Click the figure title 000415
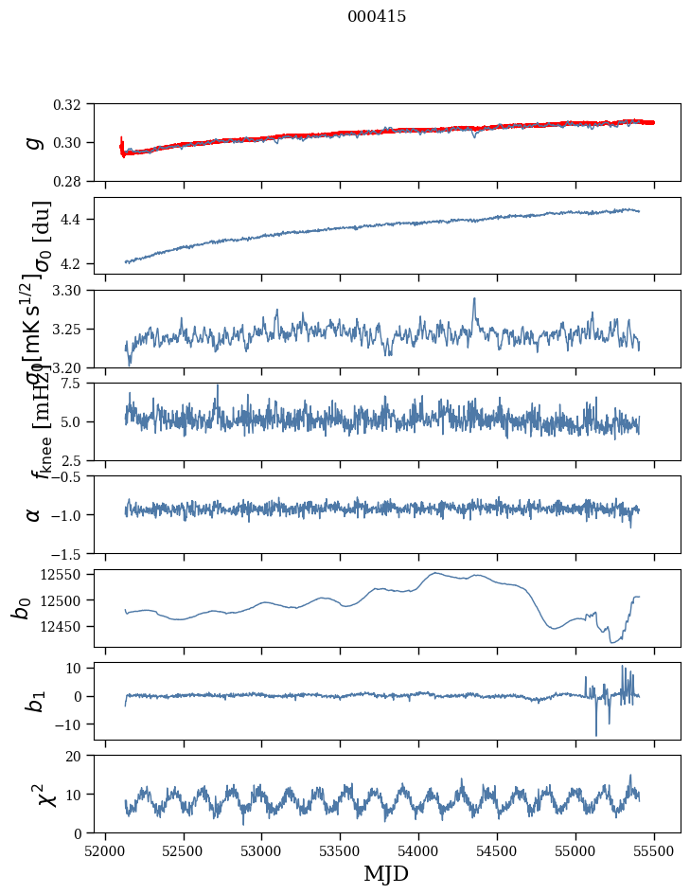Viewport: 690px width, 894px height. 377,17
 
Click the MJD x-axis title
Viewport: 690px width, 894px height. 386,873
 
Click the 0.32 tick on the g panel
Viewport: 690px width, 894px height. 73,104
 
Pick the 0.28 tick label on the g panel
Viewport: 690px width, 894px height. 73,181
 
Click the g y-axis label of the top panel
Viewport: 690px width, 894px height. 34,142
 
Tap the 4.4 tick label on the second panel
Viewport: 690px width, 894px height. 78,220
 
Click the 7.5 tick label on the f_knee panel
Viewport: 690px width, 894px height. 78,383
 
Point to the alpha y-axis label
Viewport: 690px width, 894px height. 34,514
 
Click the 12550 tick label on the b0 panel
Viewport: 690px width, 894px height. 66,575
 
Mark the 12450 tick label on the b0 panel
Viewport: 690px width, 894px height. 66,627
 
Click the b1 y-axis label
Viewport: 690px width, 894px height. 34,701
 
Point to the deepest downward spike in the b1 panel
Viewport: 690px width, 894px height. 596,735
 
